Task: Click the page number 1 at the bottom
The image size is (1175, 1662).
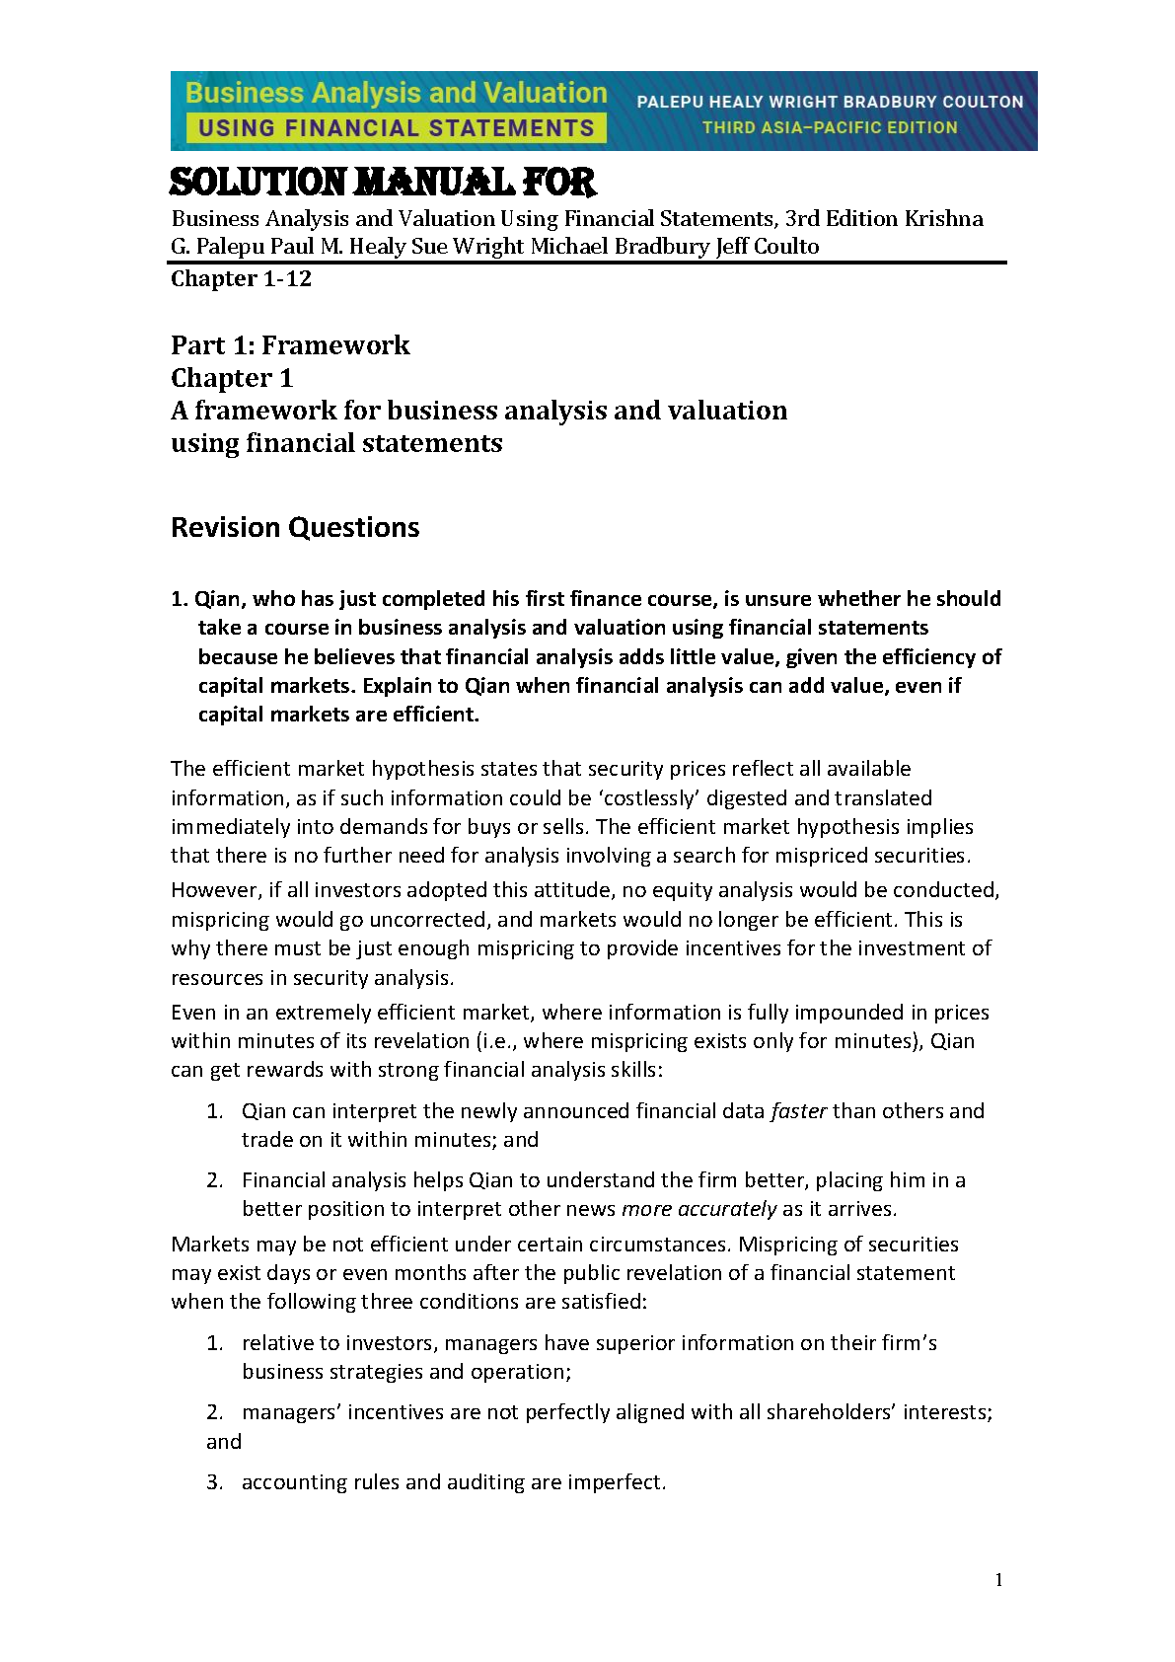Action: pos(998,1580)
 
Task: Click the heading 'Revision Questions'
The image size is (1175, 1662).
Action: pos(295,527)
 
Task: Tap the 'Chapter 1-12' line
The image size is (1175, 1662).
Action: pos(241,278)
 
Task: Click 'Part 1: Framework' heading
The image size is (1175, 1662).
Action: pos(290,344)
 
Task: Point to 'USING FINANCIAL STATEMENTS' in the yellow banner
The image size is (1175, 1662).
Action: pos(396,127)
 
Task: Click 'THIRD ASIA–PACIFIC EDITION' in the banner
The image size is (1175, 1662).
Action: pos(830,127)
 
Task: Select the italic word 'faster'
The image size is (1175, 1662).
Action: pos(798,1110)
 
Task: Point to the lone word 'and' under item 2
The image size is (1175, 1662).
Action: pos(224,1441)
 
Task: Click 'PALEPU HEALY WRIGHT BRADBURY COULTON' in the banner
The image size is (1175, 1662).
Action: pos(830,101)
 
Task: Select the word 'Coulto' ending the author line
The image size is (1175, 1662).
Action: pos(785,246)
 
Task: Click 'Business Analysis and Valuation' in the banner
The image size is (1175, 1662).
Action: pos(396,93)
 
